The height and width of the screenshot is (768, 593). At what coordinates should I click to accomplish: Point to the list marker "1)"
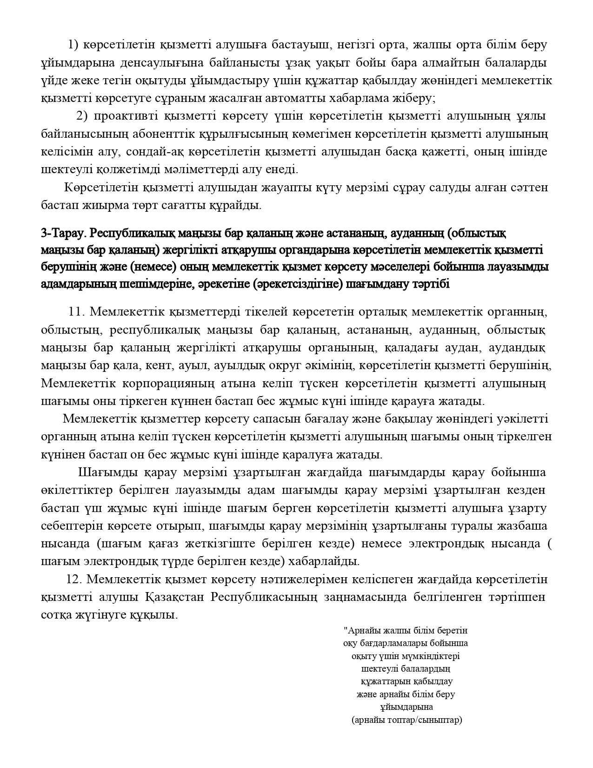click(x=74, y=45)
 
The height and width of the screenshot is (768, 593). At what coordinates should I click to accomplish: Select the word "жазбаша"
click(x=524, y=526)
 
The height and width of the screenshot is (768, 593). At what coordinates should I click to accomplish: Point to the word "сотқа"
click(x=56, y=615)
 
